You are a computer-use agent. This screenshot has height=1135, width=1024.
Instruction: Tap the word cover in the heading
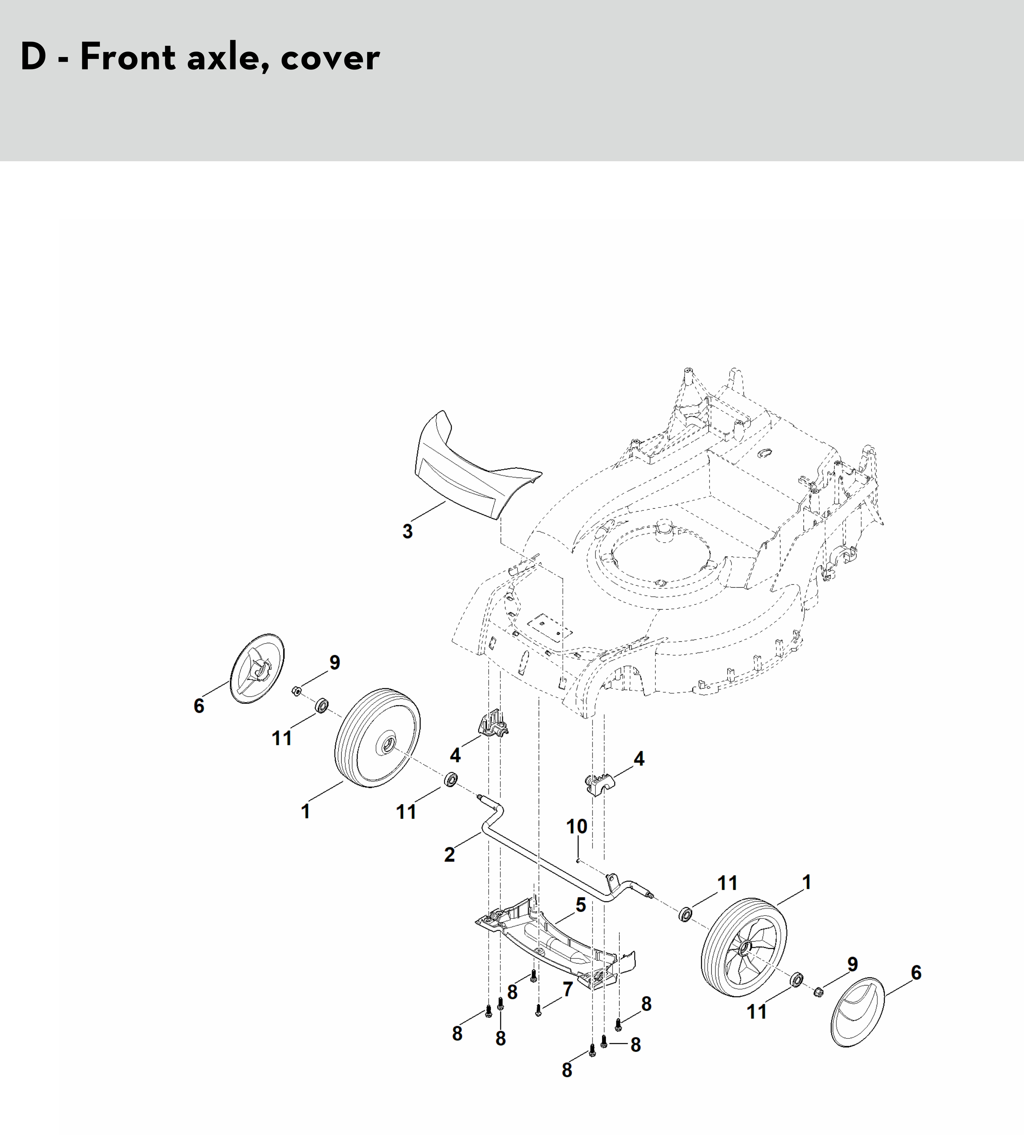pos(330,58)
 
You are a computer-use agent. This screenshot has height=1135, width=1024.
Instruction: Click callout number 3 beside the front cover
pos(407,531)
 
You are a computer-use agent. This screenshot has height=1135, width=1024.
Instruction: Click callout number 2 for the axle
pos(449,854)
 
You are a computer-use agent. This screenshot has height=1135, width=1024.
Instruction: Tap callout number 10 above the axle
pos(576,826)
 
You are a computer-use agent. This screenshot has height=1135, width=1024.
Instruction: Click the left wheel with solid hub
pos(377,738)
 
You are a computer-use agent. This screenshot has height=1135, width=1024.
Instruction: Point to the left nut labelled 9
pos(295,691)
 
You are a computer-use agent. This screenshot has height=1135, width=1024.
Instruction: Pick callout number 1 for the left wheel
pos(305,811)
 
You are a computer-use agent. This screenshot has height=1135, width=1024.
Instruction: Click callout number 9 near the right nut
pos(852,964)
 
